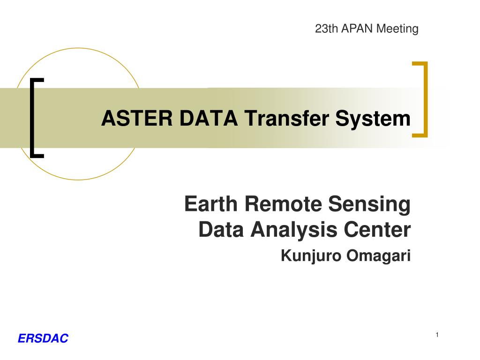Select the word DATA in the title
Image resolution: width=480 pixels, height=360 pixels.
click(x=203, y=119)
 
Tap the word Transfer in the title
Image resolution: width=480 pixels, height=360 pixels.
click(x=283, y=119)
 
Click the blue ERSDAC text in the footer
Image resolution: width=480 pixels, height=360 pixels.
click(x=43, y=338)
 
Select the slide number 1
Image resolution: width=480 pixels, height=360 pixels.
click(x=437, y=335)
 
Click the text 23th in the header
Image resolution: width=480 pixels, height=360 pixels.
click(x=325, y=29)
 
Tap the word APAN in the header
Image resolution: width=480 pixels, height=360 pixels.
click(x=354, y=29)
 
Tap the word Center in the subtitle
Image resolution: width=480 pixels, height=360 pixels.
click(x=378, y=230)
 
